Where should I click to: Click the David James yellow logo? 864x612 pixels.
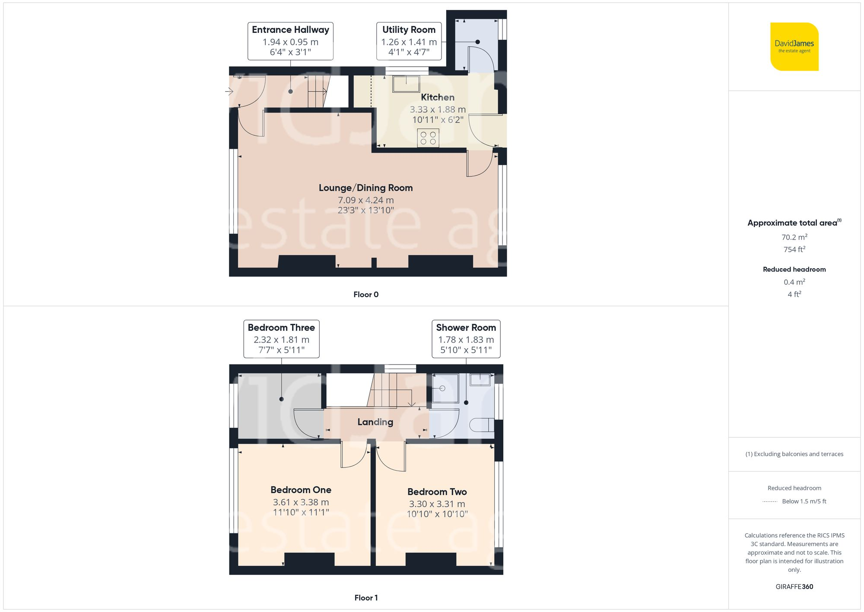[x=794, y=47]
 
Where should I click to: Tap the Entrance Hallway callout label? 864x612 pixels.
[x=290, y=41]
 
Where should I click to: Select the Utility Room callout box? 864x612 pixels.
[x=409, y=41]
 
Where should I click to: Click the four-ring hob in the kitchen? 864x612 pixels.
[x=428, y=138]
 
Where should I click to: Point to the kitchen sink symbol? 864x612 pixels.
[x=406, y=83]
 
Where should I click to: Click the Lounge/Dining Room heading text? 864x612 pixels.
[x=365, y=188]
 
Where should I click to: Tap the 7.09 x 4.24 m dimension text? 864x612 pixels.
[x=365, y=200]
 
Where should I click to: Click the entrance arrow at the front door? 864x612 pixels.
[x=229, y=91]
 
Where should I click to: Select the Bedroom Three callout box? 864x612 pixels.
[x=281, y=339]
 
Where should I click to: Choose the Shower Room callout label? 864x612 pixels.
[x=466, y=339]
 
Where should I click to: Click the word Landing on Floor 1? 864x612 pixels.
[x=375, y=422]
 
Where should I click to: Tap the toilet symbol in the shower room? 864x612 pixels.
[x=482, y=425]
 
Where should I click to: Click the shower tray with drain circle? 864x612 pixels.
[x=445, y=388]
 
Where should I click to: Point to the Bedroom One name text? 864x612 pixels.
[x=301, y=490]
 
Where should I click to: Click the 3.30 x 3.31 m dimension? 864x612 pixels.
[x=437, y=504]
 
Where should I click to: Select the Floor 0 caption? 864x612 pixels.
[x=365, y=295]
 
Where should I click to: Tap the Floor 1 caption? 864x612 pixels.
[x=365, y=598]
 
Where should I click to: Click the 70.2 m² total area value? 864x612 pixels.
[x=794, y=237]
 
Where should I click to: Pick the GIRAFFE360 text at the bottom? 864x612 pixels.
[x=794, y=587]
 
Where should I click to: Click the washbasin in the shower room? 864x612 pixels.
[x=480, y=380]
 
